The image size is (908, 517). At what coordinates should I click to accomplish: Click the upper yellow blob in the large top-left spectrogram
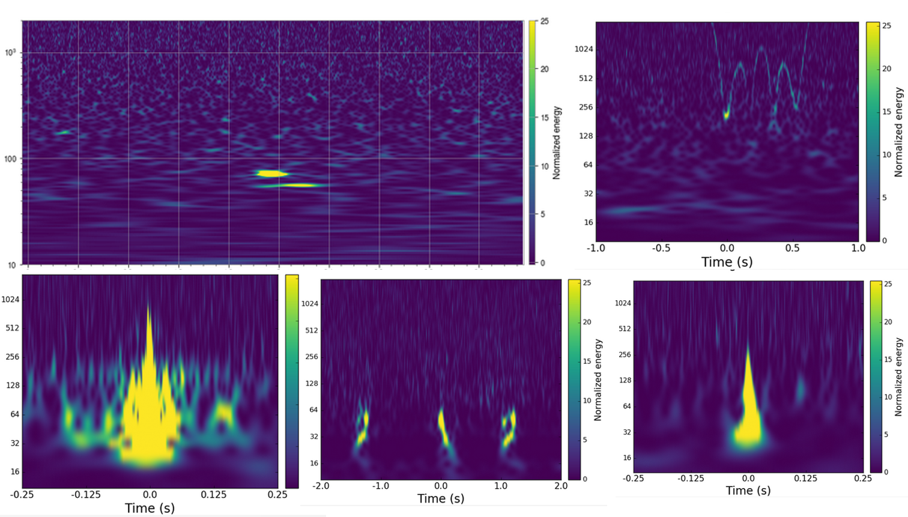coord(271,174)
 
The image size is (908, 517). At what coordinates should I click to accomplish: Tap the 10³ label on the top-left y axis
coord(11,53)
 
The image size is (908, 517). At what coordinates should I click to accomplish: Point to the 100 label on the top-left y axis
coord(11,159)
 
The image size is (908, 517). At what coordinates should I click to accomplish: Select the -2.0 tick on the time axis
coord(321,486)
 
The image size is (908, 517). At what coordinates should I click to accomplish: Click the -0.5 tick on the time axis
coord(661,248)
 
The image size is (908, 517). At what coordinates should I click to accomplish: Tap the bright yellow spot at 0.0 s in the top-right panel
coord(727,113)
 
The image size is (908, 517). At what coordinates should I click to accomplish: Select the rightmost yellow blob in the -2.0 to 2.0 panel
coord(509,428)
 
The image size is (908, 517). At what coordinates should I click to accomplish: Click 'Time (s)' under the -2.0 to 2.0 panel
coord(441,498)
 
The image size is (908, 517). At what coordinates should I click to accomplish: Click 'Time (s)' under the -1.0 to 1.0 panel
coord(727,262)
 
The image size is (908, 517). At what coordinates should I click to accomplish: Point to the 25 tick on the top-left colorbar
coord(544,22)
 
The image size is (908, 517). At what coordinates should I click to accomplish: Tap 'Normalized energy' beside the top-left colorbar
coord(557,143)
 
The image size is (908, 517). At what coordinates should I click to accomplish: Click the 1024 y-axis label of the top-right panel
coord(584,49)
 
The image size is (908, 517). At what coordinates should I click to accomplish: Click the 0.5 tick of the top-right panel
coord(792,248)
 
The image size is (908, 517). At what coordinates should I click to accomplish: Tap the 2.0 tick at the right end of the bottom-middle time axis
coord(561,486)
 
